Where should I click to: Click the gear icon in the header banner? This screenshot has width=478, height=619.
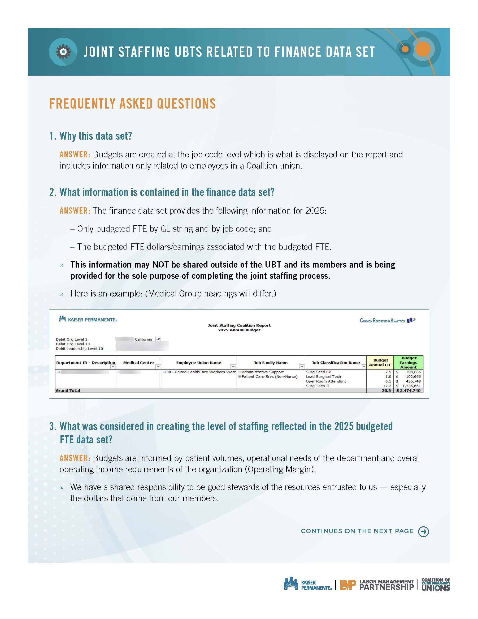pyautogui.click(x=63, y=52)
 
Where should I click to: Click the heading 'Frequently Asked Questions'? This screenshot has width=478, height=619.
pyautogui.click(x=132, y=104)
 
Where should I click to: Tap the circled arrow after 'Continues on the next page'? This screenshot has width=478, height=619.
pyautogui.click(x=423, y=531)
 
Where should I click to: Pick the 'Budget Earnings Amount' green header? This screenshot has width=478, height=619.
pyautogui.click(x=408, y=363)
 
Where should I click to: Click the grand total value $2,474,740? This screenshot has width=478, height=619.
pyautogui.click(x=408, y=390)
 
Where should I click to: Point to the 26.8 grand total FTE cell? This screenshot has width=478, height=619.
pyautogui.click(x=386, y=390)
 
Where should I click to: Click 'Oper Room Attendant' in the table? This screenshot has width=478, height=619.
pyautogui.click(x=326, y=381)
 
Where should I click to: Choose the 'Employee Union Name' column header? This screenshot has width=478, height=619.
pyautogui.click(x=198, y=363)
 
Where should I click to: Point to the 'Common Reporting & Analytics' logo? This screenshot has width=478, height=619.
pyautogui.click(x=387, y=321)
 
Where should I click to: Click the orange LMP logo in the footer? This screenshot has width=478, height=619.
pyautogui.click(x=348, y=584)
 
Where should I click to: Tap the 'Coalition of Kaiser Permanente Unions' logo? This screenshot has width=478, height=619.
pyautogui.click(x=436, y=584)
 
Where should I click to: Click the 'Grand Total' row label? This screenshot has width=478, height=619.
pyautogui.click(x=68, y=390)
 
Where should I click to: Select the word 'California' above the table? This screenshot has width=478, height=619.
pyautogui.click(x=143, y=339)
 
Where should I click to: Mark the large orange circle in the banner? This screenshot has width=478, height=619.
pyautogui.click(x=423, y=49)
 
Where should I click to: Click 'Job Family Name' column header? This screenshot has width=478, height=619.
pyautogui.click(x=270, y=363)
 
